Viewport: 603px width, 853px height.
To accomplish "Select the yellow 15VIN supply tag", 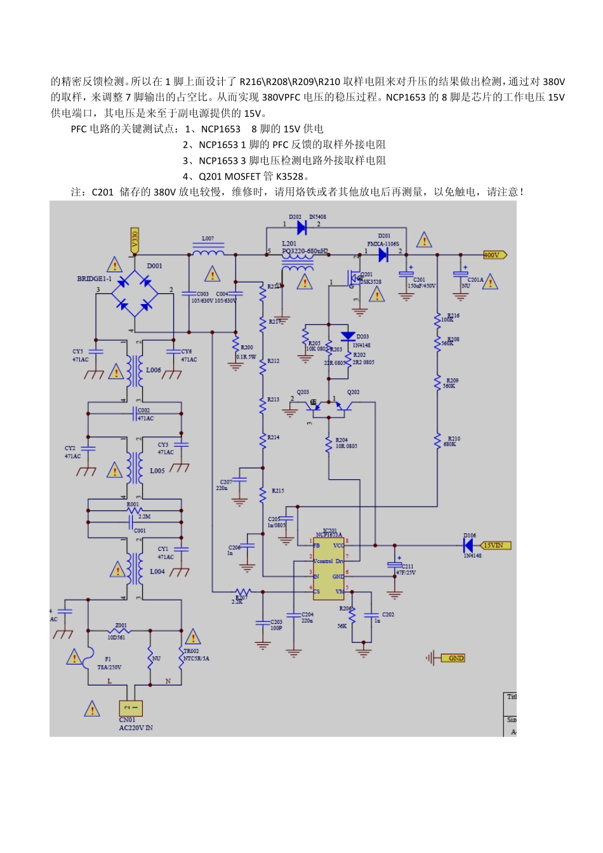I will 495,545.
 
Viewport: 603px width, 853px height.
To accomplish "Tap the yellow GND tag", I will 454,658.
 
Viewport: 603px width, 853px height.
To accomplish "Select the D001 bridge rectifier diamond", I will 135,293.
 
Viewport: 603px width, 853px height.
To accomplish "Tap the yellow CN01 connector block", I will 131,708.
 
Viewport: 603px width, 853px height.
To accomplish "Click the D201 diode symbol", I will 383,255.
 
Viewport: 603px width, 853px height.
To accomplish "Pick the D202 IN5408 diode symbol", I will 302,227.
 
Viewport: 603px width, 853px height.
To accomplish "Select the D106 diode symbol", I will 468,545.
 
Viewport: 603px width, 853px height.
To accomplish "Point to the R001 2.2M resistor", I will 134,510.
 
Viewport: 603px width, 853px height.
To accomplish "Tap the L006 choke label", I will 154,370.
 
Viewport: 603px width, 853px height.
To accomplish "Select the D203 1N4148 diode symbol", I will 347,336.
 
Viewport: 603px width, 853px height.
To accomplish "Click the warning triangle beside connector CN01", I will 92,709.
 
